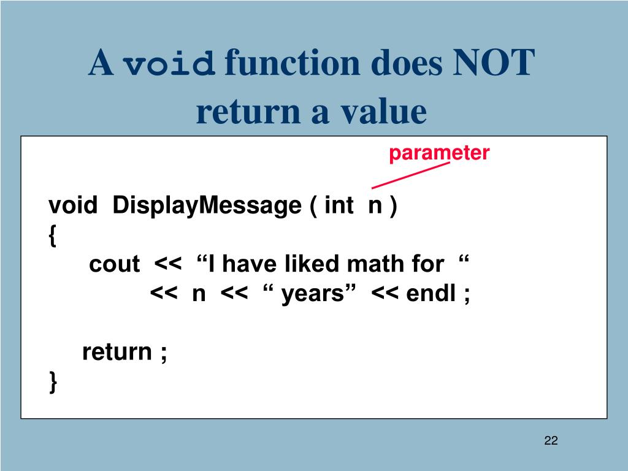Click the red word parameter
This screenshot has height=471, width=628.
pos(438,153)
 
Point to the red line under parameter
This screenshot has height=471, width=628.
pos(411,175)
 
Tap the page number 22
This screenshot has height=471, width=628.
pos(551,440)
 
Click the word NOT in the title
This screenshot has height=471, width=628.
pos(494,64)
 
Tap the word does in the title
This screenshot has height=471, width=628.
pos(404,64)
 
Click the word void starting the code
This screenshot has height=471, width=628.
pos(73,205)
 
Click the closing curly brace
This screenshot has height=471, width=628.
pos(53,383)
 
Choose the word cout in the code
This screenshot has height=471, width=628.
pos(114,264)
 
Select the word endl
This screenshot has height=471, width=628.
pos(431,294)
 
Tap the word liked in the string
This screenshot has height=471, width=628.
pos(313,264)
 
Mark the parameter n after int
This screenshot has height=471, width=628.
pos(374,206)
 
